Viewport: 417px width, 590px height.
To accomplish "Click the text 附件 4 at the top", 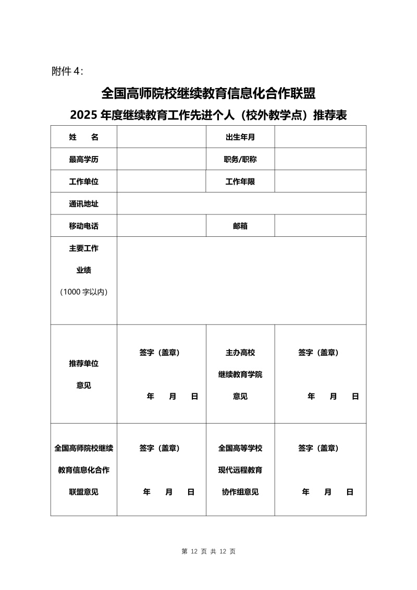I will [67, 71].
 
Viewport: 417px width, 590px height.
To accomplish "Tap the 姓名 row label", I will [83, 137].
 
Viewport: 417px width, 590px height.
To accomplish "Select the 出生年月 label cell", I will [240, 137].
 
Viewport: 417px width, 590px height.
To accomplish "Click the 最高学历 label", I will [83, 160].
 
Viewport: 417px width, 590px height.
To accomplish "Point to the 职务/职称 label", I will [240, 160].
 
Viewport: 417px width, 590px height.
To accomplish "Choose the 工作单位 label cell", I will [83, 182].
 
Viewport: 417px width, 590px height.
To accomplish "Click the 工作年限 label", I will [240, 182].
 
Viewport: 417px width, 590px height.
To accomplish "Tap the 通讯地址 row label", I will [83, 204].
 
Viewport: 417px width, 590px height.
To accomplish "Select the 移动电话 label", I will [83, 226].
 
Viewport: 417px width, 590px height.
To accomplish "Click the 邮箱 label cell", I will [240, 226].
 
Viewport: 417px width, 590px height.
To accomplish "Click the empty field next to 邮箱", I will [320, 226].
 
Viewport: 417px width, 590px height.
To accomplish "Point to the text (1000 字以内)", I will [83, 292].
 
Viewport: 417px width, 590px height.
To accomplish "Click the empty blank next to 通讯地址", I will [241, 204].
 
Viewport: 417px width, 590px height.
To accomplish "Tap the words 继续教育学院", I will [240, 375].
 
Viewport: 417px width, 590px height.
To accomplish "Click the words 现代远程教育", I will [240, 470].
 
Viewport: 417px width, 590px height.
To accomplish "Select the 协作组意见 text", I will [240, 492].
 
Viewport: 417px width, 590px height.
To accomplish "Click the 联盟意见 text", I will [83, 492].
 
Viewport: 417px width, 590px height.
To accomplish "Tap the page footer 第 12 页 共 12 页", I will [208, 551].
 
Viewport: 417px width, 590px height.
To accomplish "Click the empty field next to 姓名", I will [161, 137].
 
